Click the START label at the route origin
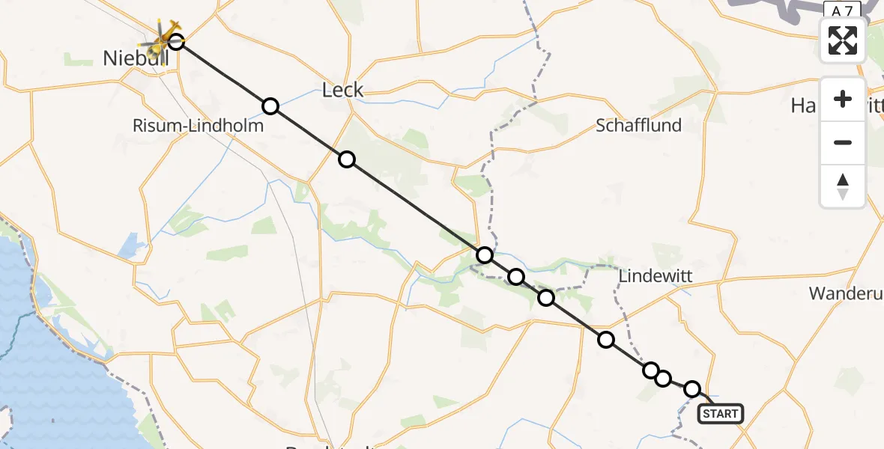coord(721,413)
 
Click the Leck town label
coord(342,91)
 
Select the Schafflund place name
coord(638,126)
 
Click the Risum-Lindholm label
coord(198,126)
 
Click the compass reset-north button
coord(843,186)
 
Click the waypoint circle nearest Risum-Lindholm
coord(270,106)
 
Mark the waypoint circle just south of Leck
coord(346,159)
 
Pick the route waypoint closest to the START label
coord(692,389)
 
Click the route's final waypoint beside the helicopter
coord(176,41)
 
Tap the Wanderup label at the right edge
coord(845,293)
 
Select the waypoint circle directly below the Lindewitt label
coord(605,340)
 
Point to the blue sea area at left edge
coord(45,359)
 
